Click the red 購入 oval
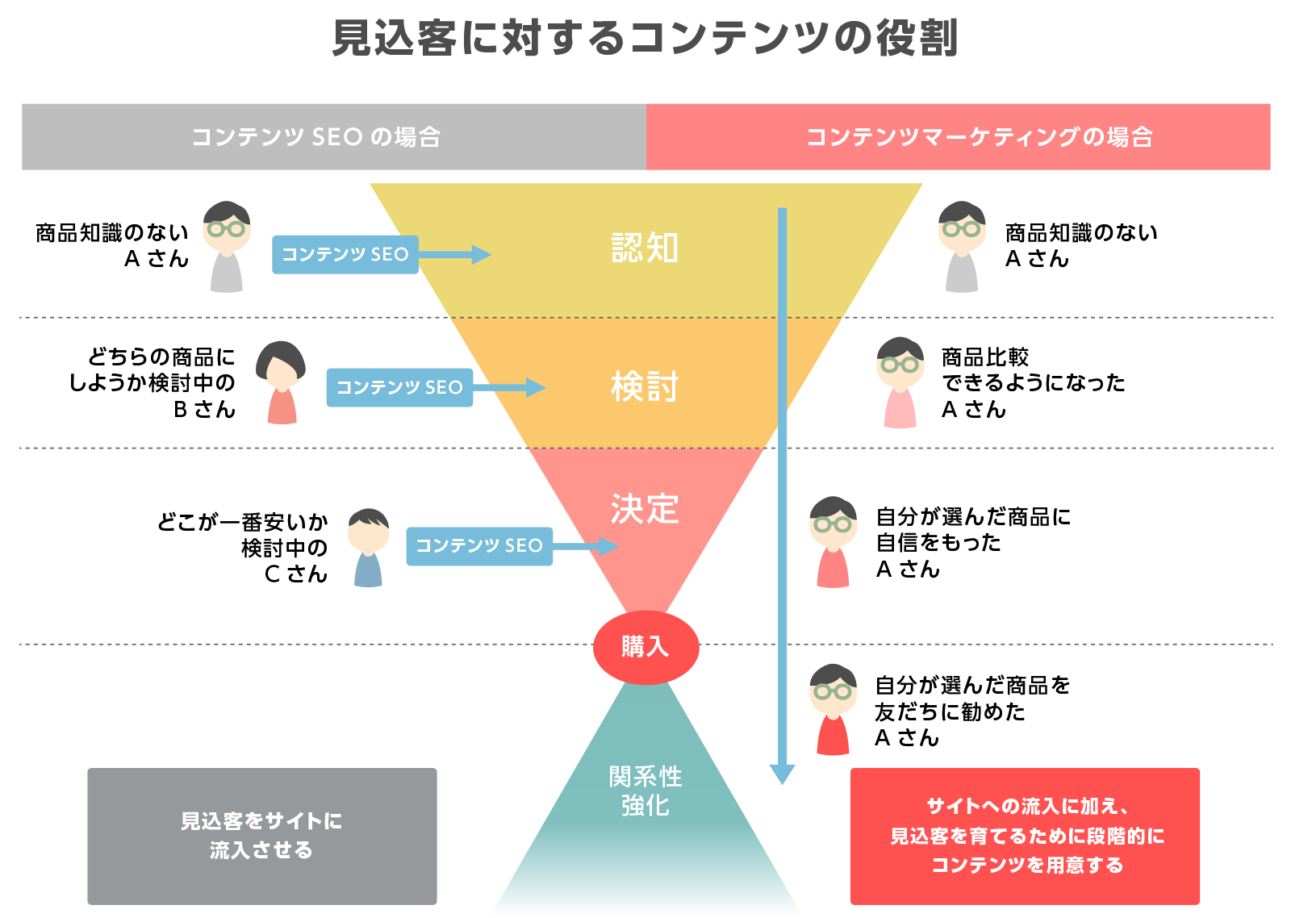pos(645,647)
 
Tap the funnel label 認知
pos(645,248)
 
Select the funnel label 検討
pos(645,386)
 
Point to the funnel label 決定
pos(645,509)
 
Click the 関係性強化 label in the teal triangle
pos(645,791)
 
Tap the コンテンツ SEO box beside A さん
pos(345,254)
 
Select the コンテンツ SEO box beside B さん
pos(399,387)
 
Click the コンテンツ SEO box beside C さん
pos(479,546)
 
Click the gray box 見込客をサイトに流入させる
pos(262,836)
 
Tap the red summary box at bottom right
pos(1025,836)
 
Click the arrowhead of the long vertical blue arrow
pos(782,774)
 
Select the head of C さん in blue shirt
pos(369,530)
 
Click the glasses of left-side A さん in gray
pos(227,228)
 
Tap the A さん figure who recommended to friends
pos(833,709)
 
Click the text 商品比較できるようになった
pos(1034,369)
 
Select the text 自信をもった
pos(938,543)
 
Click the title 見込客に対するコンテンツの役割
pos(645,38)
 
